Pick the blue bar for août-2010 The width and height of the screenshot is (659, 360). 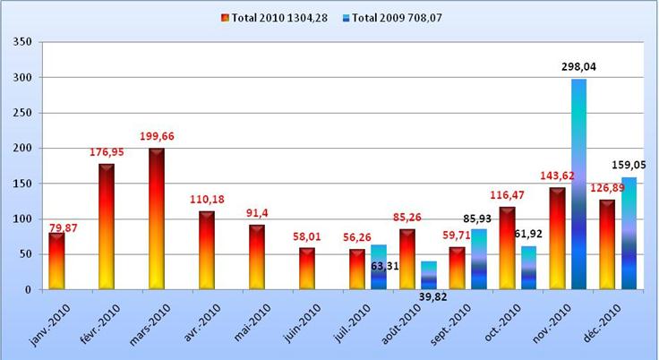click(428, 276)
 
